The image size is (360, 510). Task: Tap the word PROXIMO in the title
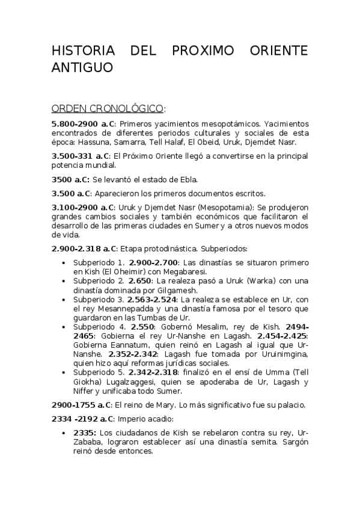coord(209,51)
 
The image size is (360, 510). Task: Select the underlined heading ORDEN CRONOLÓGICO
coord(108,109)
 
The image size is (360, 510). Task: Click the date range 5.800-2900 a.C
coord(83,123)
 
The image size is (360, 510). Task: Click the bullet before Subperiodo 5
coord(64,373)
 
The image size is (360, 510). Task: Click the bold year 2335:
coord(84,433)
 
